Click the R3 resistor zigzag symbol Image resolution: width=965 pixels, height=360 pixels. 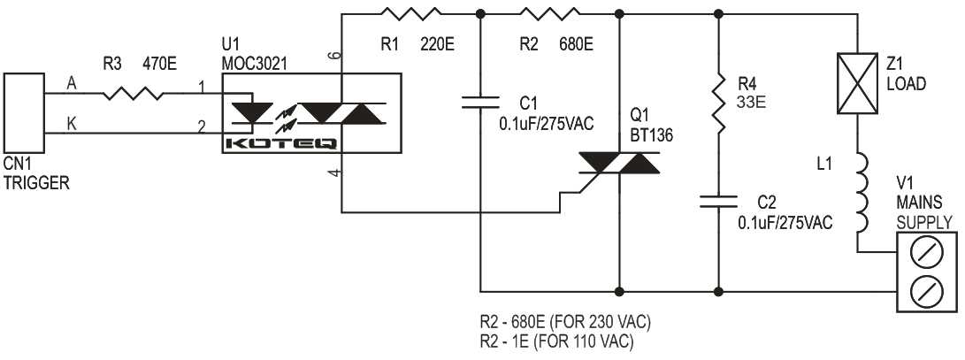coord(134,91)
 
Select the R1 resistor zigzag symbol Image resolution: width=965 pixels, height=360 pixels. coord(410,13)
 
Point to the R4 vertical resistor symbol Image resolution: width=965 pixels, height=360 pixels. coord(717,105)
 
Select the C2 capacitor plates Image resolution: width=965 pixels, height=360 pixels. coord(717,201)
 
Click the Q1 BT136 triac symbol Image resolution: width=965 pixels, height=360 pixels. coord(618,162)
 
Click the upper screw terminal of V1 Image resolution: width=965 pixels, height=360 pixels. coord(924,251)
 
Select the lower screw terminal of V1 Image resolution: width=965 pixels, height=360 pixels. coord(924,288)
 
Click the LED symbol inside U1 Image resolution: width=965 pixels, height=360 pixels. coord(250,112)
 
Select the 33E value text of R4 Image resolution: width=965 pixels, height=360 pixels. coord(748,102)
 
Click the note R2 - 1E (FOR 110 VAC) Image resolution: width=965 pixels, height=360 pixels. coord(554,341)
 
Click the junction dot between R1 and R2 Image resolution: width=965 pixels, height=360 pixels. coord(480,13)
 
